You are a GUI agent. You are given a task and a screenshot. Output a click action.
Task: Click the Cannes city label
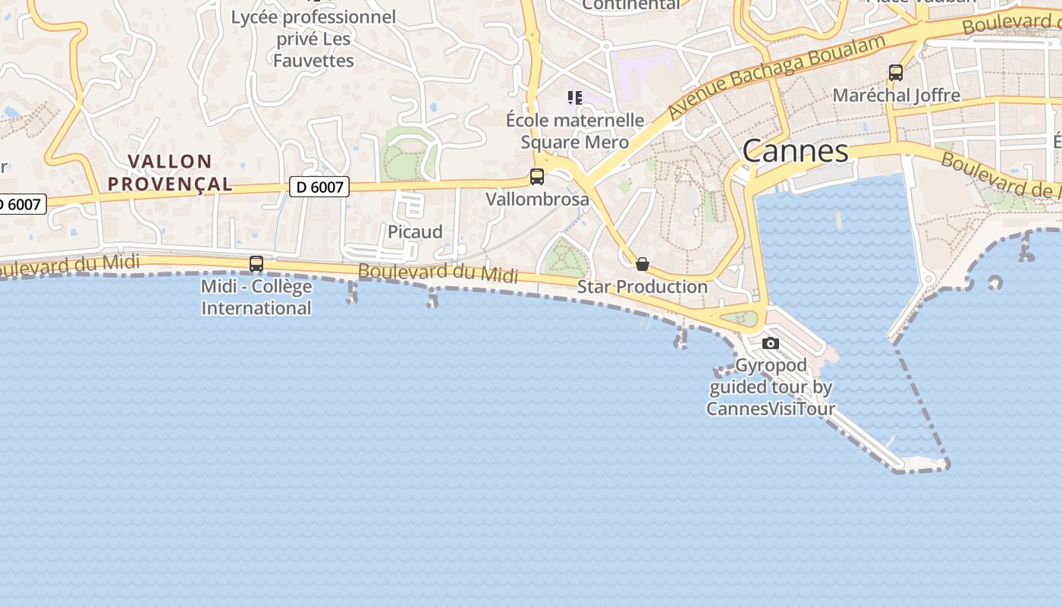click(795, 151)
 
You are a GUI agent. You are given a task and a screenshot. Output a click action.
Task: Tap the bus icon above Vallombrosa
click(537, 177)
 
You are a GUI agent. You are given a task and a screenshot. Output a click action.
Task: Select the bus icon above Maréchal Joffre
click(896, 73)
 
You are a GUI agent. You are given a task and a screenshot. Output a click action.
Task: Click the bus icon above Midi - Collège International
click(256, 264)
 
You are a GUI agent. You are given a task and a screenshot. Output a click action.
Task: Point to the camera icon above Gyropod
click(771, 344)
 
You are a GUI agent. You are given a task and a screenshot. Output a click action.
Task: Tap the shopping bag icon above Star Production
click(643, 264)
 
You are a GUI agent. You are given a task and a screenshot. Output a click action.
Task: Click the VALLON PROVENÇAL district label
click(170, 172)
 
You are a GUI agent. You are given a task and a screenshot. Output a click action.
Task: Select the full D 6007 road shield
click(319, 187)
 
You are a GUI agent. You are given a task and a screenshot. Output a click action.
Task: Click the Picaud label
click(415, 232)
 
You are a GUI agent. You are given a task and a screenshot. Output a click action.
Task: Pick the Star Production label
click(643, 287)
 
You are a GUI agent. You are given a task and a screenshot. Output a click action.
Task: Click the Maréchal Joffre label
click(896, 96)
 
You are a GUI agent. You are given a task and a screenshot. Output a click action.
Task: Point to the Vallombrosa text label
click(537, 200)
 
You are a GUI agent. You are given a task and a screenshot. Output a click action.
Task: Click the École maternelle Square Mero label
click(575, 131)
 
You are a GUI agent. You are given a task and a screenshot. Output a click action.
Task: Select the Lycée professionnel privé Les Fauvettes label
click(313, 39)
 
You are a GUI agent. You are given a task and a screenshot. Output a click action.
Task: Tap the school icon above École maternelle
click(575, 97)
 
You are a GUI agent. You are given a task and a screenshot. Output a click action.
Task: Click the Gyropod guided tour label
click(771, 387)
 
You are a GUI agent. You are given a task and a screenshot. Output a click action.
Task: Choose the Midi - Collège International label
click(256, 297)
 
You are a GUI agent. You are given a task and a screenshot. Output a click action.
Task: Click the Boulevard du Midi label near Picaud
click(438, 273)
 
